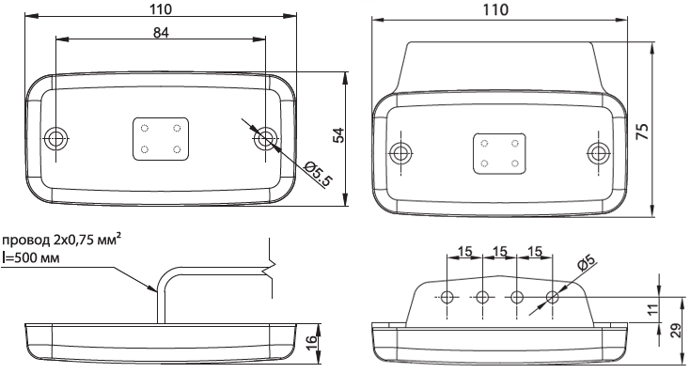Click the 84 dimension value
point(161,33)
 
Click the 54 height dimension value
point(338,135)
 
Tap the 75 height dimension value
point(643,132)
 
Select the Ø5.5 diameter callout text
point(318,173)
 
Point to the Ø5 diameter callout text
point(586,262)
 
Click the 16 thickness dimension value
point(310,340)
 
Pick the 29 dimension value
point(677,331)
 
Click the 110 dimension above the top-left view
point(160,9)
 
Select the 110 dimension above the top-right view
point(495,9)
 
